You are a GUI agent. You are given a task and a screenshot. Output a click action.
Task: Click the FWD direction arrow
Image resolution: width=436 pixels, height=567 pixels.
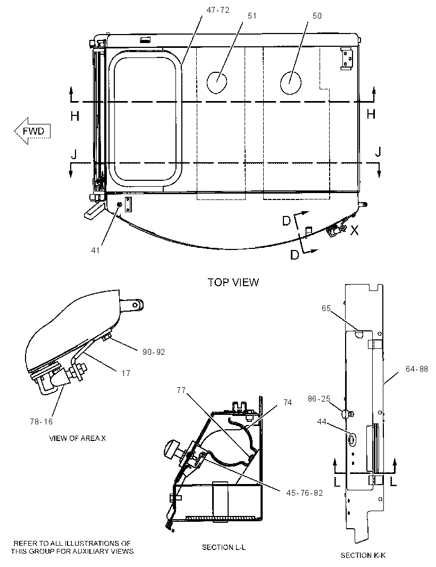[x=32, y=131]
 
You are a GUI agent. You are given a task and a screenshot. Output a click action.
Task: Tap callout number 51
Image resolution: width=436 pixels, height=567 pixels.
[x=252, y=16]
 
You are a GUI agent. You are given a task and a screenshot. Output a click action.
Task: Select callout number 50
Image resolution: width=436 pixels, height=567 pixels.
[x=317, y=16]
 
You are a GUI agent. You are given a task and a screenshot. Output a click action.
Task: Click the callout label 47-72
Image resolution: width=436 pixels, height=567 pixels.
[x=217, y=10]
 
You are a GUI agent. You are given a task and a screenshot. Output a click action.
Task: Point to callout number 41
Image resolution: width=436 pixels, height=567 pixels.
[x=95, y=250]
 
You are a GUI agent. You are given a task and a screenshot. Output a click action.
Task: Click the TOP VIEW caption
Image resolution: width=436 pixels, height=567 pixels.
[x=233, y=282]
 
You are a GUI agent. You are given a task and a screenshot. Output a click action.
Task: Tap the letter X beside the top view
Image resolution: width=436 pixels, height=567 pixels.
[x=354, y=230]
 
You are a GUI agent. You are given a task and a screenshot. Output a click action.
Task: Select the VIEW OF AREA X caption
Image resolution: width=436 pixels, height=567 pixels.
[x=78, y=438]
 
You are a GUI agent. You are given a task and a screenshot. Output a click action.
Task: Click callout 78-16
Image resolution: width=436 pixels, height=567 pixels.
[x=41, y=422]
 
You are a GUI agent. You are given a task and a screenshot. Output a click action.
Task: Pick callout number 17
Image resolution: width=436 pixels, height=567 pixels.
[x=126, y=373]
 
